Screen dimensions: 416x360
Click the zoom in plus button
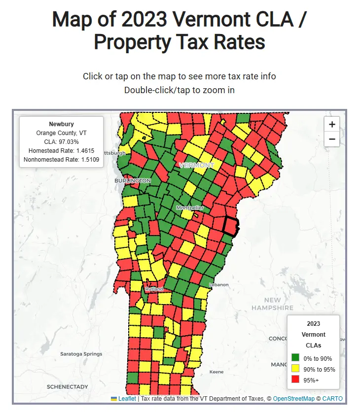pyautogui.click(x=332, y=125)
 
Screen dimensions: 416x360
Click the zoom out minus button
pyautogui.click(x=332, y=139)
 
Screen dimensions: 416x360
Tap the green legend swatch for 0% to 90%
pyautogui.click(x=295, y=358)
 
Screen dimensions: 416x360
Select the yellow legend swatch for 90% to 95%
pyautogui.click(x=295, y=369)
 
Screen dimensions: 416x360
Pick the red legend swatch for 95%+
pyautogui.click(x=295, y=380)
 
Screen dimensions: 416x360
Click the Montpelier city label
pyautogui.click(x=190, y=208)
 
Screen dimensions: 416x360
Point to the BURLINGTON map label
pyautogui.click(x=133, y=181)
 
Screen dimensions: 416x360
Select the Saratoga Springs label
pyautogui.click(x=81, y=354)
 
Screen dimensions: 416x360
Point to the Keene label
pyautogui.click(x=216, y=372)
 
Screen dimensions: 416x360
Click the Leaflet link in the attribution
pyautogui.click(x=127, y=399)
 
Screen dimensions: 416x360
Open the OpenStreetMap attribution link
pyautogui.click(x=293, y=399)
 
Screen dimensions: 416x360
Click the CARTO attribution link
pyautogui.click(x=332, y=399)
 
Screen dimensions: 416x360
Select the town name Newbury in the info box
pyautogui.click(x=61, y=124)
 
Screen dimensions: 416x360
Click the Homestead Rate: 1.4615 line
pyautogui.click(x=61, y=151)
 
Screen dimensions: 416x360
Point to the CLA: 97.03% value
pyautogui.click(x=61, y=142)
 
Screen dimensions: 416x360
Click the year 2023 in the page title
pyautogui.click(x=145, y=20)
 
